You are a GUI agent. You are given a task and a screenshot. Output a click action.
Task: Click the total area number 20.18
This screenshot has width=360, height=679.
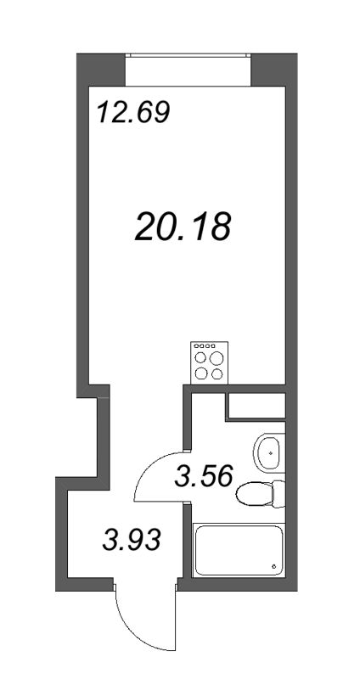(183, 225)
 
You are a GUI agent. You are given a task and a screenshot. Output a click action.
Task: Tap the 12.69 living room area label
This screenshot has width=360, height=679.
(133, 112)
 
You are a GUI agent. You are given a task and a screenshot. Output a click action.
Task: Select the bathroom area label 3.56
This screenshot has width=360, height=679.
(203, 475)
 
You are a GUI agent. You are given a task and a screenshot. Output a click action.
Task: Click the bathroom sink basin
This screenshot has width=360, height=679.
(270, 454)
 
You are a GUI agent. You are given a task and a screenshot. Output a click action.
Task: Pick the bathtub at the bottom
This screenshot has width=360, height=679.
(238, 550)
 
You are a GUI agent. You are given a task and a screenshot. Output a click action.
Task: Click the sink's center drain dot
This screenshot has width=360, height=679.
(271, 453)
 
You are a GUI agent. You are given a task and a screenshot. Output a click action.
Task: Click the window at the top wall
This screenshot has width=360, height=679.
(188, 68)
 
